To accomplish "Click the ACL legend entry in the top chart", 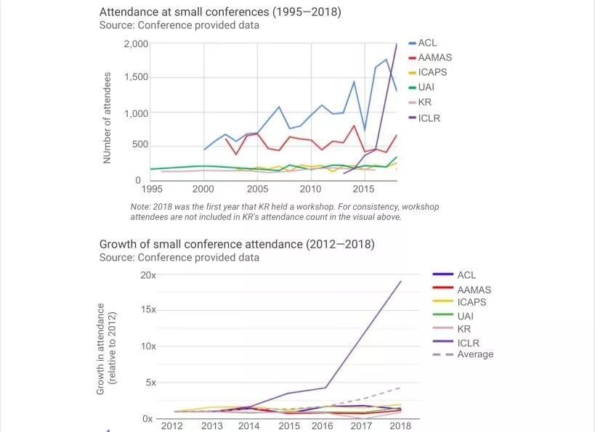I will point(427,43).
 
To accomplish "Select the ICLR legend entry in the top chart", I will point(429,118).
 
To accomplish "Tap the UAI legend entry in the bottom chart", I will point(466,315).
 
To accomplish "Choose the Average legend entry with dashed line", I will point(474,354).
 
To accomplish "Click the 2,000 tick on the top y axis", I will point(135,44).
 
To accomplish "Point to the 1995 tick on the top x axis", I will point(152,189).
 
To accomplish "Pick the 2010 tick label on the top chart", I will point(310,189).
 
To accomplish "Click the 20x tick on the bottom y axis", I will point(147,275).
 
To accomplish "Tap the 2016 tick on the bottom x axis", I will point(322,426).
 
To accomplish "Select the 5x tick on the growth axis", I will point(150,383).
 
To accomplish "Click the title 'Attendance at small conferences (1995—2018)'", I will point(219,12).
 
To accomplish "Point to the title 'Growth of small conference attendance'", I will point(237,244).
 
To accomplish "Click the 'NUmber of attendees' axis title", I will point(108,117).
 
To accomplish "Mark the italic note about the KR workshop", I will point(284,211).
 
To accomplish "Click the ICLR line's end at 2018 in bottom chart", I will point(401,281).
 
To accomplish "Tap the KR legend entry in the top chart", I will point(425,102).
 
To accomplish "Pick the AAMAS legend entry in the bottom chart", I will point(474,290).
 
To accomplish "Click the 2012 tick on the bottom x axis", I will point(171,426).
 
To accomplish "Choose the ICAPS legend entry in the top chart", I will point(432,73).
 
